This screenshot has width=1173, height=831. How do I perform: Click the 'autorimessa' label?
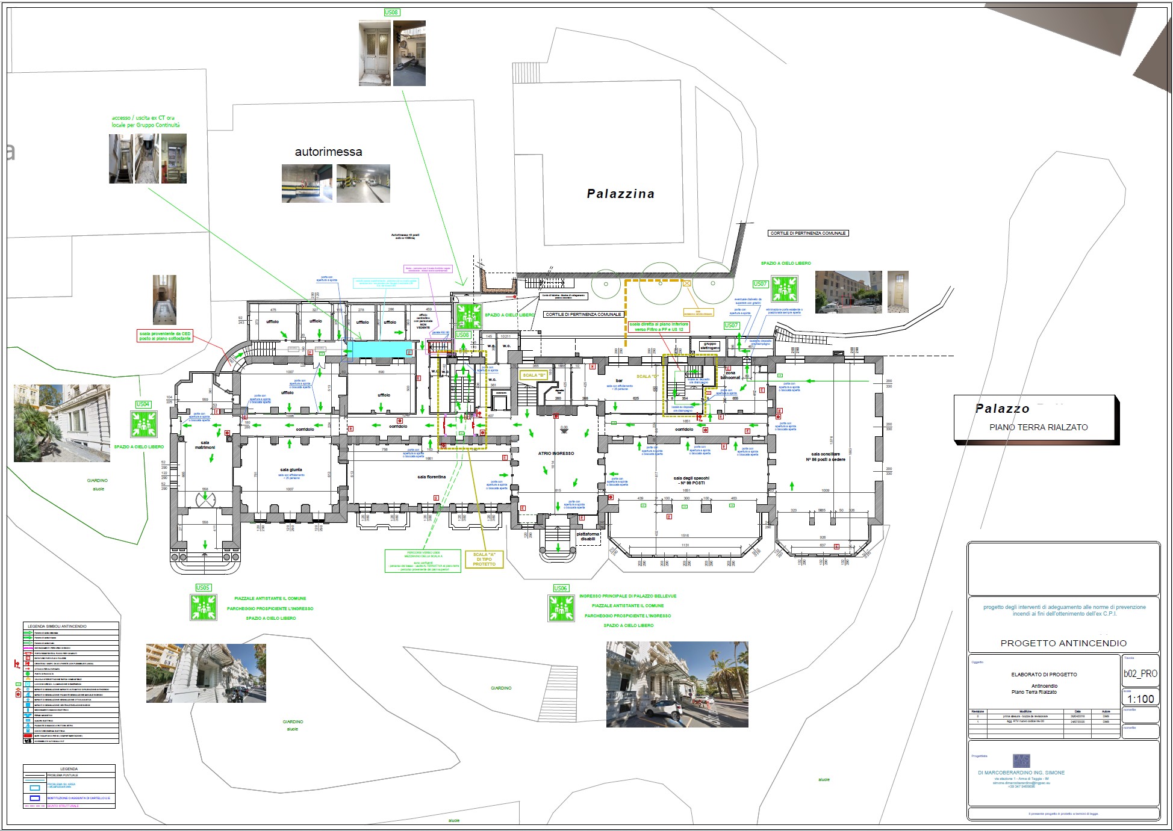tap(328, 152)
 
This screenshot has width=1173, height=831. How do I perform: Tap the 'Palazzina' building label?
tap(620, 194)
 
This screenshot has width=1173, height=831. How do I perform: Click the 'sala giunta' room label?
tap(291, 470)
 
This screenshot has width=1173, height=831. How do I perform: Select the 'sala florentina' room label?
tap(431, 477)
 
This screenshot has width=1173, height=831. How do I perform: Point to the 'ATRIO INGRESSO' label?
tap(556, 454)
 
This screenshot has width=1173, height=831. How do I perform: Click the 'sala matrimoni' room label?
tap(205, 445)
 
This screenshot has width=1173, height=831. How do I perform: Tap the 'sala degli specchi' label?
tap(692, 480)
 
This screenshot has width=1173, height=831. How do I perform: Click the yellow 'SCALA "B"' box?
tap(534, 375)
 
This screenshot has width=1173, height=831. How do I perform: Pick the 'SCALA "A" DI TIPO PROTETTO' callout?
tap(484, 559)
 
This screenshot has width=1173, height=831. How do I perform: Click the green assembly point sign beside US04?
tap(143, 424)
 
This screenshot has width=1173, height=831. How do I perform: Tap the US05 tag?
tap(203, 587)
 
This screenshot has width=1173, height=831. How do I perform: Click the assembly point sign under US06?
tap(561, 608)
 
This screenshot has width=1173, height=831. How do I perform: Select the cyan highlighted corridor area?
tap(382, 350)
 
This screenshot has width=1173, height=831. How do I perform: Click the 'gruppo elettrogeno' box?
tap(709, 346)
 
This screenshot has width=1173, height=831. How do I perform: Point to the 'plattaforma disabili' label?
tap(587, 536)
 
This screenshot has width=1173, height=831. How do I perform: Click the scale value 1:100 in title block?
tap(1140, 699)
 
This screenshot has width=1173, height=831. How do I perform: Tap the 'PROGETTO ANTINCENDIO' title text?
tap(1063, 643)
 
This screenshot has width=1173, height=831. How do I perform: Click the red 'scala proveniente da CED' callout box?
tap(165, 336)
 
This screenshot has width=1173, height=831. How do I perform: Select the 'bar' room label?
tap(619, 381)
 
